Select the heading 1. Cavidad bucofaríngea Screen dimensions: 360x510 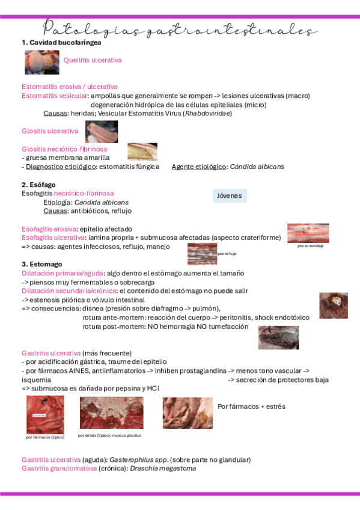(x=61, y=43)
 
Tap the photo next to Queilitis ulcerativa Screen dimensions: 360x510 (x=42, y=62)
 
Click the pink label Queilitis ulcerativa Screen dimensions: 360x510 (x=93, y=60)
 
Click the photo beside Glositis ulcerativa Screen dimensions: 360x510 (x=101, y=131)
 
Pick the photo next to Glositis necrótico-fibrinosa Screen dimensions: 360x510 (x=142, y=152)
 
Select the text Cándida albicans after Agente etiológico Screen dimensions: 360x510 (x=257, y=167)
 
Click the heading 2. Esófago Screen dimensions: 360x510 (x=38, y=185)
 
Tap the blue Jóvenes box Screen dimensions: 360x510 (x=230, y=196)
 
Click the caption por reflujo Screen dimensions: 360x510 (x=227, y=254)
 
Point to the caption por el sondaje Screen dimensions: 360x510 (x=310, y=245)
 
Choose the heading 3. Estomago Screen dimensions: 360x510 (x=42, y=264)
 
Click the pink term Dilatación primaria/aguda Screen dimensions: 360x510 (x=62, y=273)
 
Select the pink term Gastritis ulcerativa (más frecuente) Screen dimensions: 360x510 (x=76, y=353)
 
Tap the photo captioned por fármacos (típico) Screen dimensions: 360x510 (x=45, y=415)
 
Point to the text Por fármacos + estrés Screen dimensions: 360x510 (x=251, y=407)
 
